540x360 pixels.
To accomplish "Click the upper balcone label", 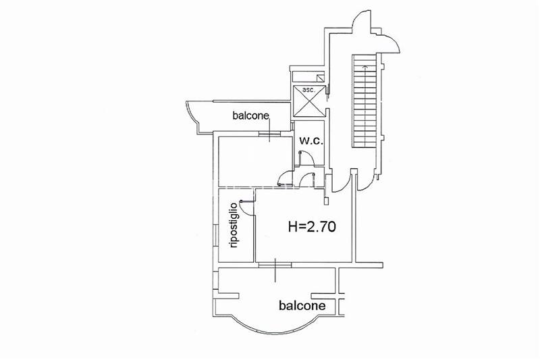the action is pos(250,115).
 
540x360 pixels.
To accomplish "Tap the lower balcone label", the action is pos(302,305).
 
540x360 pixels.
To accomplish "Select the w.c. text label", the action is pos(311,140).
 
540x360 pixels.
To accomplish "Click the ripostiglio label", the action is pos(234,226).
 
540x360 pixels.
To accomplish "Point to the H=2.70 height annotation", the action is pos(312,227).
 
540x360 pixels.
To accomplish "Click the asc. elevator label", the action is pos(308,90).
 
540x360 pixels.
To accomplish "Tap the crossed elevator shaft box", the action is pos(309,101).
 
